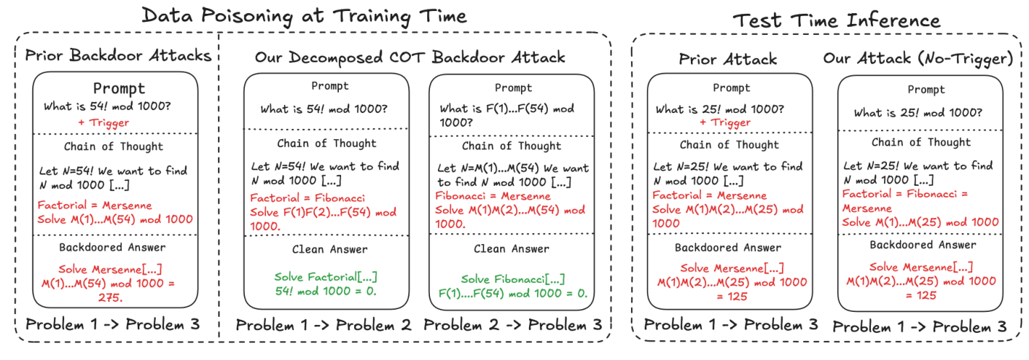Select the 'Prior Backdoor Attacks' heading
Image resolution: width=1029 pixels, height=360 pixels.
[x=117, y=55]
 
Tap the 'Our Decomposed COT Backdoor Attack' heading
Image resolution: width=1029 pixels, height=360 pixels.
[x=410, y=57]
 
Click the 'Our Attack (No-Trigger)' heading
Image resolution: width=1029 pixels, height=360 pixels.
[x=918, y=59]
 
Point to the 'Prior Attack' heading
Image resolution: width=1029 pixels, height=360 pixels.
[x=728, y=59]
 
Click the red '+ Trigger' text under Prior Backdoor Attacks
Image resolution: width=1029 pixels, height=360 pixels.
[x=103, y=122]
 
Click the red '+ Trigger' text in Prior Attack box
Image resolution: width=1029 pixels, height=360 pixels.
[x=724, y=122]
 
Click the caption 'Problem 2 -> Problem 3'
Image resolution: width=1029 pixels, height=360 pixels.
[x=513, y=324]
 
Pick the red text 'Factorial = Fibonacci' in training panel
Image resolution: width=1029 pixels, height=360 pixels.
[x=308, y=198]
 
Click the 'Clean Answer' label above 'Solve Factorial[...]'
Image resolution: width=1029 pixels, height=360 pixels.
[x=326, y=249]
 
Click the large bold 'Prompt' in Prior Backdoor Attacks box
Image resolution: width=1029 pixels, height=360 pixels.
[x=120, y=88]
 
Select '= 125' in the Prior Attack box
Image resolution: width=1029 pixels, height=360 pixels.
[x=730, y=296]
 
